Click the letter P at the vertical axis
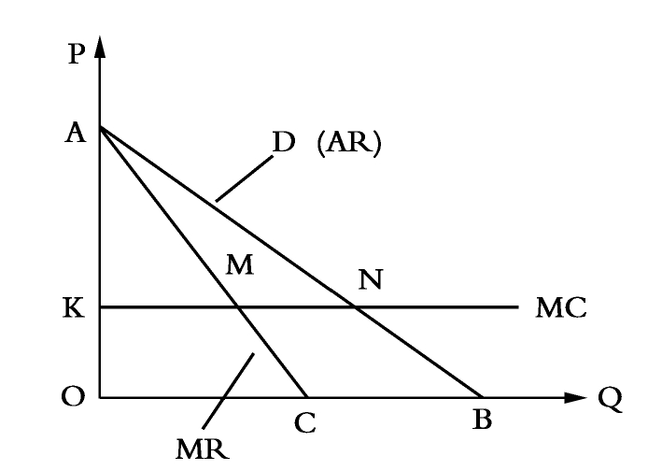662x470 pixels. pos(77,54)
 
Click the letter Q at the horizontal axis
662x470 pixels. pos(610,399)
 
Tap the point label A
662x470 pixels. pos(76,133)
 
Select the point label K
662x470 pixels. pos(74,307)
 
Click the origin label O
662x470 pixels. pos(73,397)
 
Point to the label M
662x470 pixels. pos(240,265)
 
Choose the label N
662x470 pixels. pos(371,279)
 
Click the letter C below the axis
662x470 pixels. pos(305,422)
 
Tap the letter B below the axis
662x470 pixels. pos(482,420)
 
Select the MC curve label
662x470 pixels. pos(561,307)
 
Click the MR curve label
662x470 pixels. pos(203,449)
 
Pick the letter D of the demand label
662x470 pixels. pos(284,142)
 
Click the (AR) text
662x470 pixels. pos(349,143)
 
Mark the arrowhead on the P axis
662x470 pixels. pos(100,47)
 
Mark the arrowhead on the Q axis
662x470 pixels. pos(575,397)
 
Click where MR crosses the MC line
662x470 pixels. pos(238,306)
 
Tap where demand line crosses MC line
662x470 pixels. pos(356,306)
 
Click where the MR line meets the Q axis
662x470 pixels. pos(307,397)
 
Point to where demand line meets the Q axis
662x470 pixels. pos(483,397)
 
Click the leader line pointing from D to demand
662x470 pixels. pos(245,178)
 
